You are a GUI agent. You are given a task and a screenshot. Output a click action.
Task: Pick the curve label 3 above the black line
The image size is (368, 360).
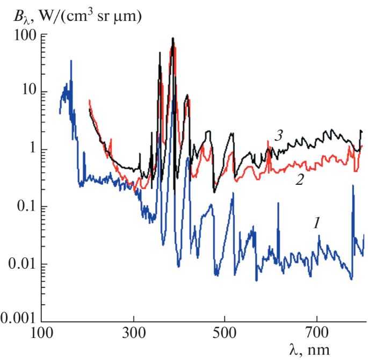278,136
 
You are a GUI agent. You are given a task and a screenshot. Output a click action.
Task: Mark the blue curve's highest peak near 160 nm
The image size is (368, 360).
71,61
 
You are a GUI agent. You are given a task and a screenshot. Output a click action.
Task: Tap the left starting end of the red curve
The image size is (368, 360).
89,100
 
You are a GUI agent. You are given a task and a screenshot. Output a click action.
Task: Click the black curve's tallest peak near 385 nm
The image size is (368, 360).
172,38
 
